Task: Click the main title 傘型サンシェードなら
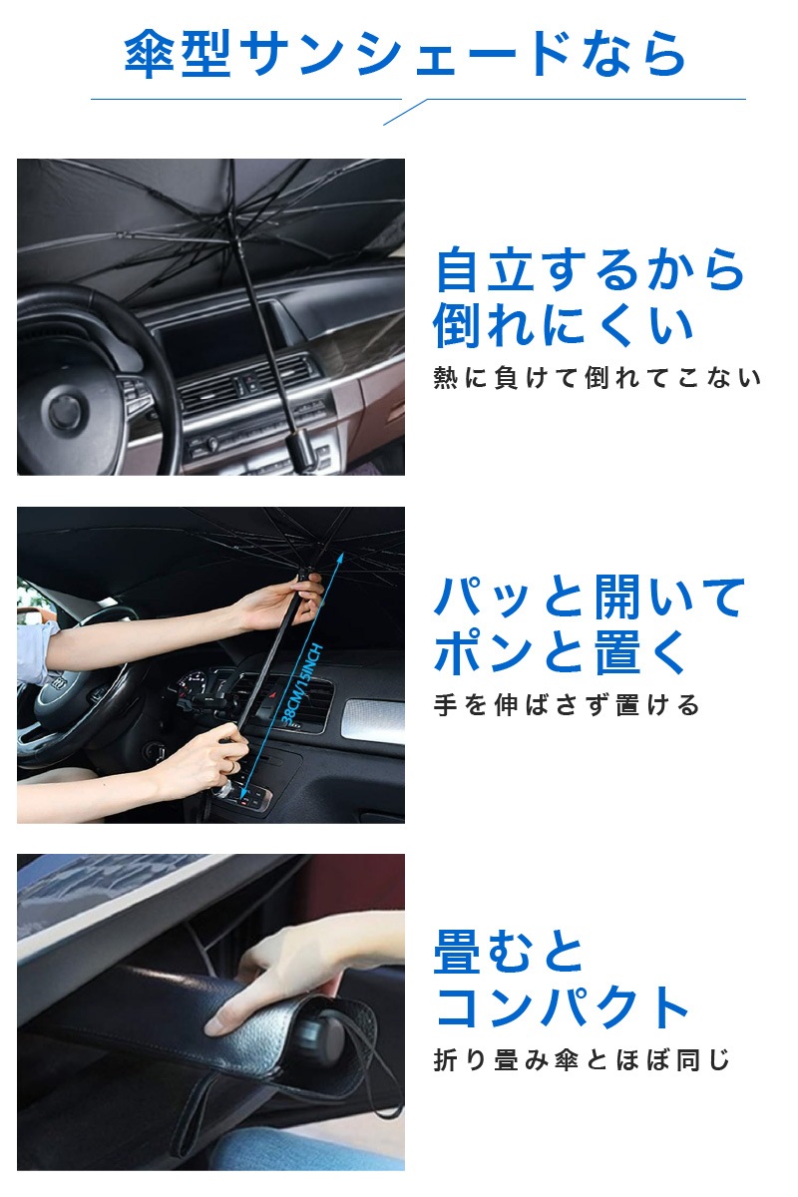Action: point(405,54)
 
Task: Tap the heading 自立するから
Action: point(591,270)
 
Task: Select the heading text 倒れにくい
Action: point(564,326)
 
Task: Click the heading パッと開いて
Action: point(591,597)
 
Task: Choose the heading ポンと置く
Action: point(561,652)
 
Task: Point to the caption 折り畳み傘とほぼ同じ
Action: point(582,1059)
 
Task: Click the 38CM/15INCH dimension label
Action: point(302,685)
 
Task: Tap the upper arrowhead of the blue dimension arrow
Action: point(339,558)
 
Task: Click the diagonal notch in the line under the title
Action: point(405,112)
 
